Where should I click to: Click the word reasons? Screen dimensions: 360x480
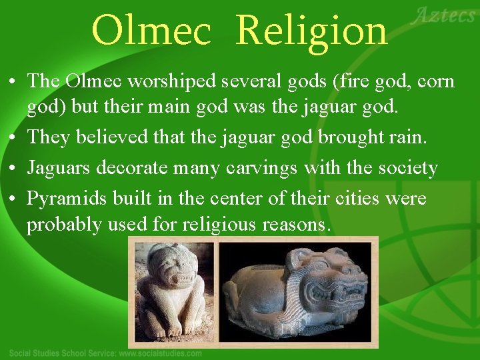click(x=297, y=225)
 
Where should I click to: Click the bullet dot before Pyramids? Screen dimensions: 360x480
click(x=13, y=198)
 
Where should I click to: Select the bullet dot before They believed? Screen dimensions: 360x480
click(x=13, y=138)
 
